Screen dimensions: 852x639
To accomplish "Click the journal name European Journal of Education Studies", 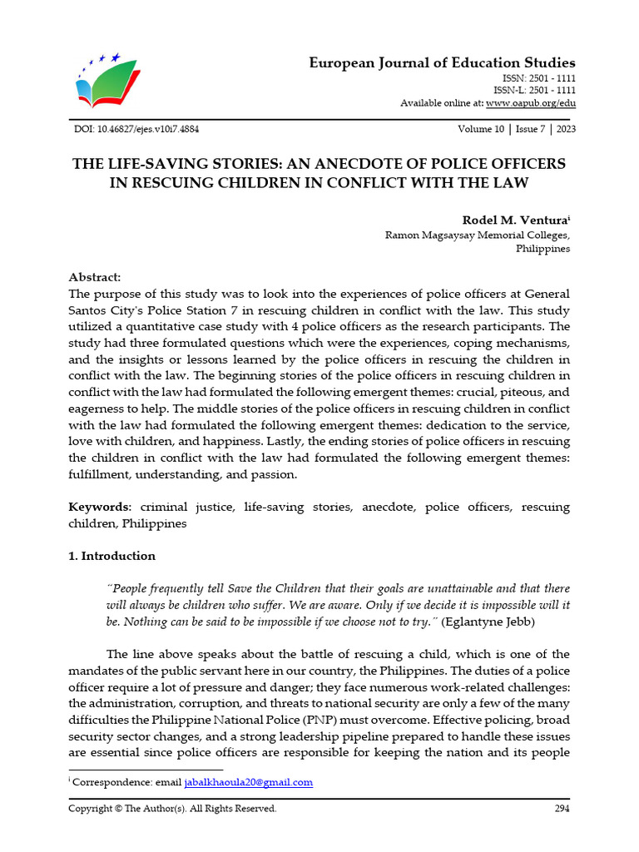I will [x=442, y=63].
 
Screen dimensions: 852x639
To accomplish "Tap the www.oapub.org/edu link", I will [x=530, y=103].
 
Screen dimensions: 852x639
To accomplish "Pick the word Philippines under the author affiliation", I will [x=542, y=249].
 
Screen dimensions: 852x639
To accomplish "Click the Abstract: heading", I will [x=95, y=277].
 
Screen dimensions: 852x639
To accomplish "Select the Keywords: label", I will [x=99, y=507].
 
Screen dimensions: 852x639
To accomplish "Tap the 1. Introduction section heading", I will [x=111, y=556].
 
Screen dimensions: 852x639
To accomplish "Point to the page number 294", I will [x=562, y=809].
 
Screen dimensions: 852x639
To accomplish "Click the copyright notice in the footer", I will [x=172, y=809].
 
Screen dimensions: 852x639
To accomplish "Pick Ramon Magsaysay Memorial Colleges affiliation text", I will [x=477, y=235].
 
